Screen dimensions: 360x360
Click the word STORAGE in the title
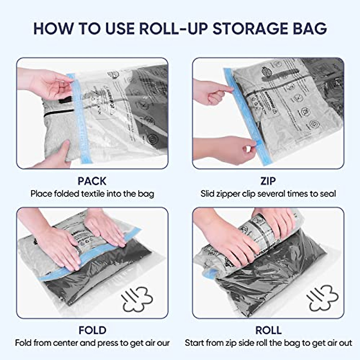click(253, 28)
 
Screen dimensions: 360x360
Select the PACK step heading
click(92, 181)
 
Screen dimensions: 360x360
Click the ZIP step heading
click(268, 181)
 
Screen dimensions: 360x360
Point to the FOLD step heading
click(92, 330)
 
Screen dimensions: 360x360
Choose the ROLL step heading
click(268, 330)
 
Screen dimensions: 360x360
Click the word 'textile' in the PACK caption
click(93, 194)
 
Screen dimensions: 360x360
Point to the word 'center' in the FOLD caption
click(64, 343)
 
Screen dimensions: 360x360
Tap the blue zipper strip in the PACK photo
click(79, 120)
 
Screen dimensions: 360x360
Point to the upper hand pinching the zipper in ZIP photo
click(213, 90)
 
